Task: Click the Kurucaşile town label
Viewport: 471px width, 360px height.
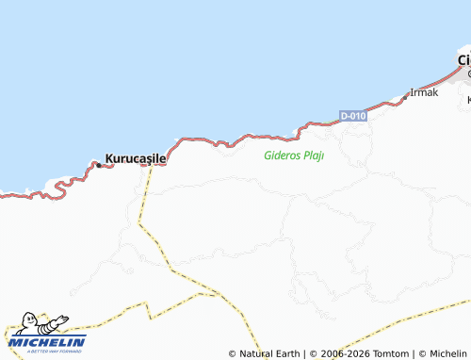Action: [x=136, y=158]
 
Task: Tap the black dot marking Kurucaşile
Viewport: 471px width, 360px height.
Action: [x=99, y=165]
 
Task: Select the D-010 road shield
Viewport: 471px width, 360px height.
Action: [x=352, y=116]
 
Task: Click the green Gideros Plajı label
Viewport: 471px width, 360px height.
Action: [x=294, y=155]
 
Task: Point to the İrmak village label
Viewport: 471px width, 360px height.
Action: [x=425, y=92]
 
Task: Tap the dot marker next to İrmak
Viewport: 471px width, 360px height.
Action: [x=406, y=96]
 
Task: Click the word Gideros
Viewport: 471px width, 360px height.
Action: [x=281, y=155]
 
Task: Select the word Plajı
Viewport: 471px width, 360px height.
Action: [x=313, y=155]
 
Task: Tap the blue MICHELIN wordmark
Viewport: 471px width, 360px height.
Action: [x=47, y=341]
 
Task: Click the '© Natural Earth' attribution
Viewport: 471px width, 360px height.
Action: [x=263, y=354]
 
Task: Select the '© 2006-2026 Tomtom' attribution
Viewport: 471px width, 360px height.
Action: [x=359, y=354]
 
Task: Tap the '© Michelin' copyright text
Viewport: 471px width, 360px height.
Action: [x=443, y=354]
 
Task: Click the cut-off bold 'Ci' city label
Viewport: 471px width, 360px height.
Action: [x=463, y=59]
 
